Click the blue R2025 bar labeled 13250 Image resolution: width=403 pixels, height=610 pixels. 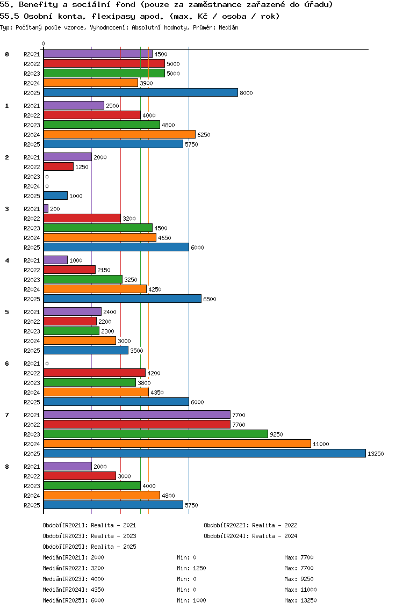204,454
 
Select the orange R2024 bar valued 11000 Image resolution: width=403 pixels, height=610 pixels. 177,444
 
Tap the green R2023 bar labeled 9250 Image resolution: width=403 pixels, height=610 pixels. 155,434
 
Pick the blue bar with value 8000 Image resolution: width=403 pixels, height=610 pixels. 140,93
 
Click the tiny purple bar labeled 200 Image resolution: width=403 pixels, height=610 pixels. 46,209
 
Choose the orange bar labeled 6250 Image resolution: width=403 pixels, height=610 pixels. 119,135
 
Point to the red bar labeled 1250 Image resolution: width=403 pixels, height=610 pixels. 58,167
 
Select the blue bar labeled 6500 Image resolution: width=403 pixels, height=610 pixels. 122,299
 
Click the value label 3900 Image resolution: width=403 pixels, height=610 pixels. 146,83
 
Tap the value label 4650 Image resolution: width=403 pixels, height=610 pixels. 164,238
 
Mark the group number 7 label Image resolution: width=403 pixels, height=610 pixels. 7,415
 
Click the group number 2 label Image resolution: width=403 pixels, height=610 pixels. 7,157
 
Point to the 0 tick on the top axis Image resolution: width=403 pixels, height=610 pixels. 44,44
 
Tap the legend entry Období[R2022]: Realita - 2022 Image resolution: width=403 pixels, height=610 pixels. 250,526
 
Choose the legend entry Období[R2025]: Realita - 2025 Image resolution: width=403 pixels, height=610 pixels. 89,547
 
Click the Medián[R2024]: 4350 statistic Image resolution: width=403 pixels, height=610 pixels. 73,590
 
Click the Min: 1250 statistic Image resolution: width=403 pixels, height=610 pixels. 191,569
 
